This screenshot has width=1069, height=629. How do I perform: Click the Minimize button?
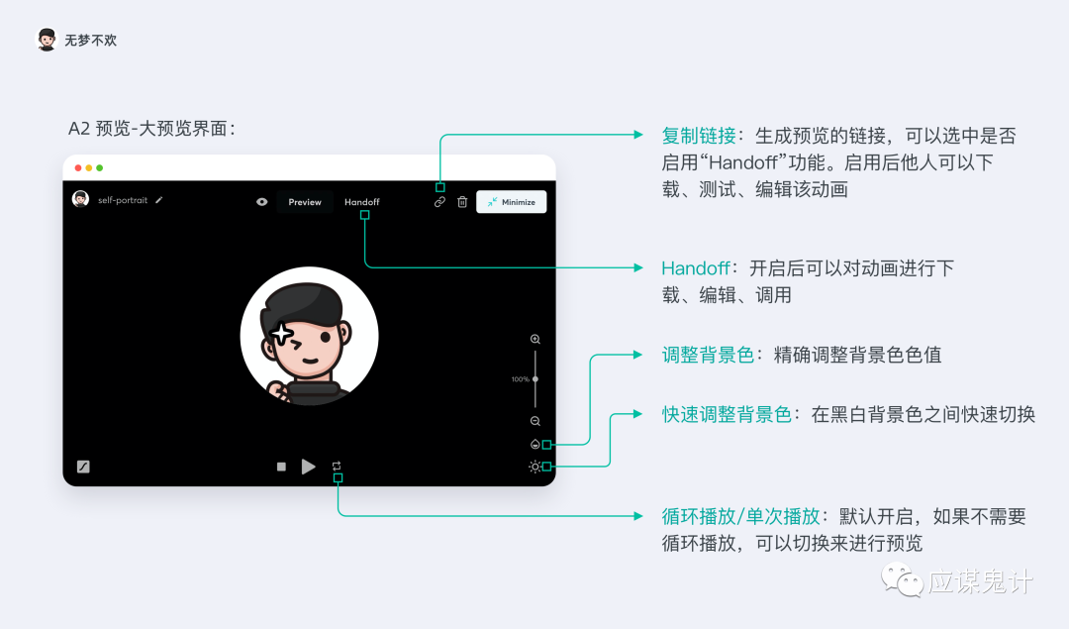(x=512, y=202)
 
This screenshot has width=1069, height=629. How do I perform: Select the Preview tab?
(x=305, y=202)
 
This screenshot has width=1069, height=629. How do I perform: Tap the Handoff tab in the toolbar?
(x=362, y=202)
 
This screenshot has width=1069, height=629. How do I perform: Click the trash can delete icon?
(x=462, y=202)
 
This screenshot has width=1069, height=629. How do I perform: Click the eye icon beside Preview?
(x=261, y=202)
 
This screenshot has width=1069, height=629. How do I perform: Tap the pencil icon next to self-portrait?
(x=158, y=200)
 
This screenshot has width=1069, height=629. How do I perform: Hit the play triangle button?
(x=308, y=466)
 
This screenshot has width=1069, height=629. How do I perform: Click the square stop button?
(x=281, y=467)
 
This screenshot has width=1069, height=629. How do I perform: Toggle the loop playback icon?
(x=337, y=466)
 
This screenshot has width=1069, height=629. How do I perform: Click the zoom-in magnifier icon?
(x=535, y=339)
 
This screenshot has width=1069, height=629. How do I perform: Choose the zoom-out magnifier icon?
(x=535, y=421)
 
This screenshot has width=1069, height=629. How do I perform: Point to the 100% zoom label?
(x=521, y=379)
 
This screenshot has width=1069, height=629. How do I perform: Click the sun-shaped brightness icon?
(x=534, y=467)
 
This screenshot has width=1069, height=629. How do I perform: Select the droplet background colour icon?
(x=535, y=444)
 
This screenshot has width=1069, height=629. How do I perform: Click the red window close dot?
(x=78, y=167)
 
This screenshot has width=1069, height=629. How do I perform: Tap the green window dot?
(x=100, y=167)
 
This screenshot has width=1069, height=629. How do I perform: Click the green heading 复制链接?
(x=699, y=136)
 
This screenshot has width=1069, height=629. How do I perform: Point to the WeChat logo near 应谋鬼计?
(x=902, y=579)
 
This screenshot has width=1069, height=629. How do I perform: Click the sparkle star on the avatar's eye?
(x=281, y=334)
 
